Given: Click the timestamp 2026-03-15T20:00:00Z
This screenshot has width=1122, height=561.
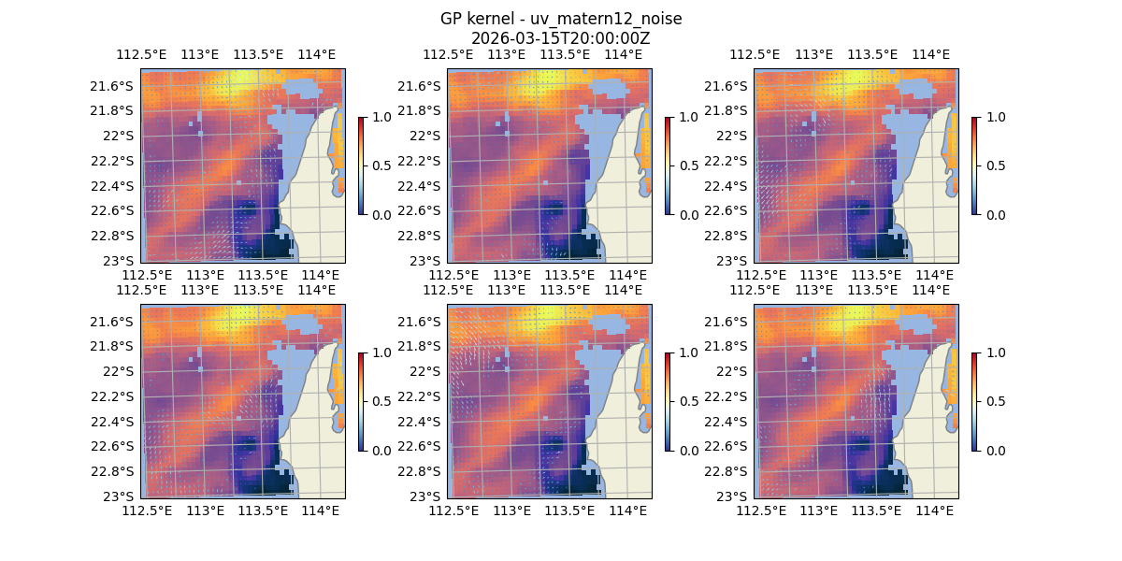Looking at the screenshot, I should [561, 38].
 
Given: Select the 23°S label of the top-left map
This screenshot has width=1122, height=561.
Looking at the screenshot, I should [122, 260].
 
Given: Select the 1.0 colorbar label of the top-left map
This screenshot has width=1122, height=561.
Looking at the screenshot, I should [379, 118].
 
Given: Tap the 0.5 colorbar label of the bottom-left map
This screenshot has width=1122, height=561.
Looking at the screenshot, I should [379, 401].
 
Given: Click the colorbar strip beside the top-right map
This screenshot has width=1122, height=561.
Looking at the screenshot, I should [974, 165].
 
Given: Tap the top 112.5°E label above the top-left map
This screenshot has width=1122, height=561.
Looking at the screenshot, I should [139, 54].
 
